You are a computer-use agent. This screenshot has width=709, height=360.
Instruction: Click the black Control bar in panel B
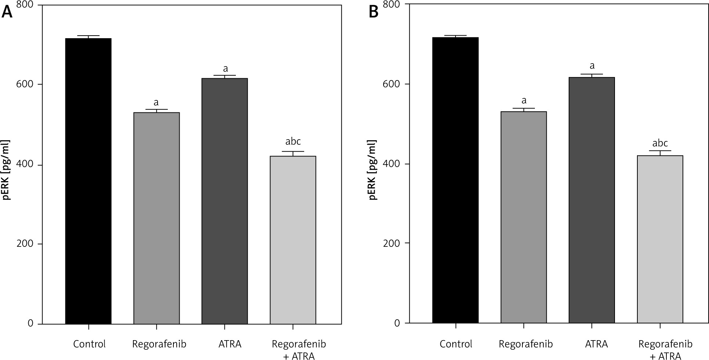pyautogui.click(x=455, y=180)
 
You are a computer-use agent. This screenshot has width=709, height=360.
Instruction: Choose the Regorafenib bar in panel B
pyautogui.click(x=523, y=217)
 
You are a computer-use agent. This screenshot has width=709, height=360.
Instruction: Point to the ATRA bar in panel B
pyautogui.click(x=591, y=200)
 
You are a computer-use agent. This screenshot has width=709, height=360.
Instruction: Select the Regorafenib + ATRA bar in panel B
pyautogui.click(x=660, y=239)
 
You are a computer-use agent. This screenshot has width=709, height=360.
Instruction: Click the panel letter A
pyautogui.click(x=7, y=13)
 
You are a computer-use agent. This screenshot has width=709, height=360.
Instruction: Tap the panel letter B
pyautogui.click(x=374, y=13)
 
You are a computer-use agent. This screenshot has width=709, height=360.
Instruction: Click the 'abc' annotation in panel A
pyautogui.click(x=293, y=142)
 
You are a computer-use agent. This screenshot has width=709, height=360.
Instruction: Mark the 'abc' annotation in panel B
pyautogui.click(x=660, y=143)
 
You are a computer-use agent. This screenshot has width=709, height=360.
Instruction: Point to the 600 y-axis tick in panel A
pyautogui.click(x=25, y=84)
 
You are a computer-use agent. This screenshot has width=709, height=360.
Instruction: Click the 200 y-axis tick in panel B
pyautogui.click(x=392, y=243)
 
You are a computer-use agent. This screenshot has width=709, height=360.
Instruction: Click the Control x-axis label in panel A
pyautogui.click(x=89, y=344)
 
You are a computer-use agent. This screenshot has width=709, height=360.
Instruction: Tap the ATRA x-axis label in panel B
pyautogui.click(x=597, y=344)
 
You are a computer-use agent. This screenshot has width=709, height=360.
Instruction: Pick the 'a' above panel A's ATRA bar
pyautogui.click(x=225, y=69)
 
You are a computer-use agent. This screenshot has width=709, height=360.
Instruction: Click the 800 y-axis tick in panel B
pyautogui.click(x=392, y=4)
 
